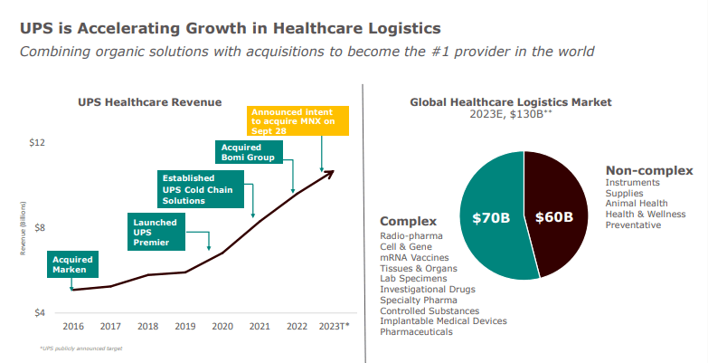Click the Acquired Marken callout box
(72, 263)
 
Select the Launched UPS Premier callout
(156, 232)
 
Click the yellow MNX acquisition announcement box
(297, 120)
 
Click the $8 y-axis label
(39, 228)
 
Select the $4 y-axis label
(39, 313)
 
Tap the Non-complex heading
(649, 170)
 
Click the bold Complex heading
(408, 221)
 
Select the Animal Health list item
(637, 204)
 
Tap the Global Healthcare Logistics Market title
(523, 102)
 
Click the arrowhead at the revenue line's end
(331, 172)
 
